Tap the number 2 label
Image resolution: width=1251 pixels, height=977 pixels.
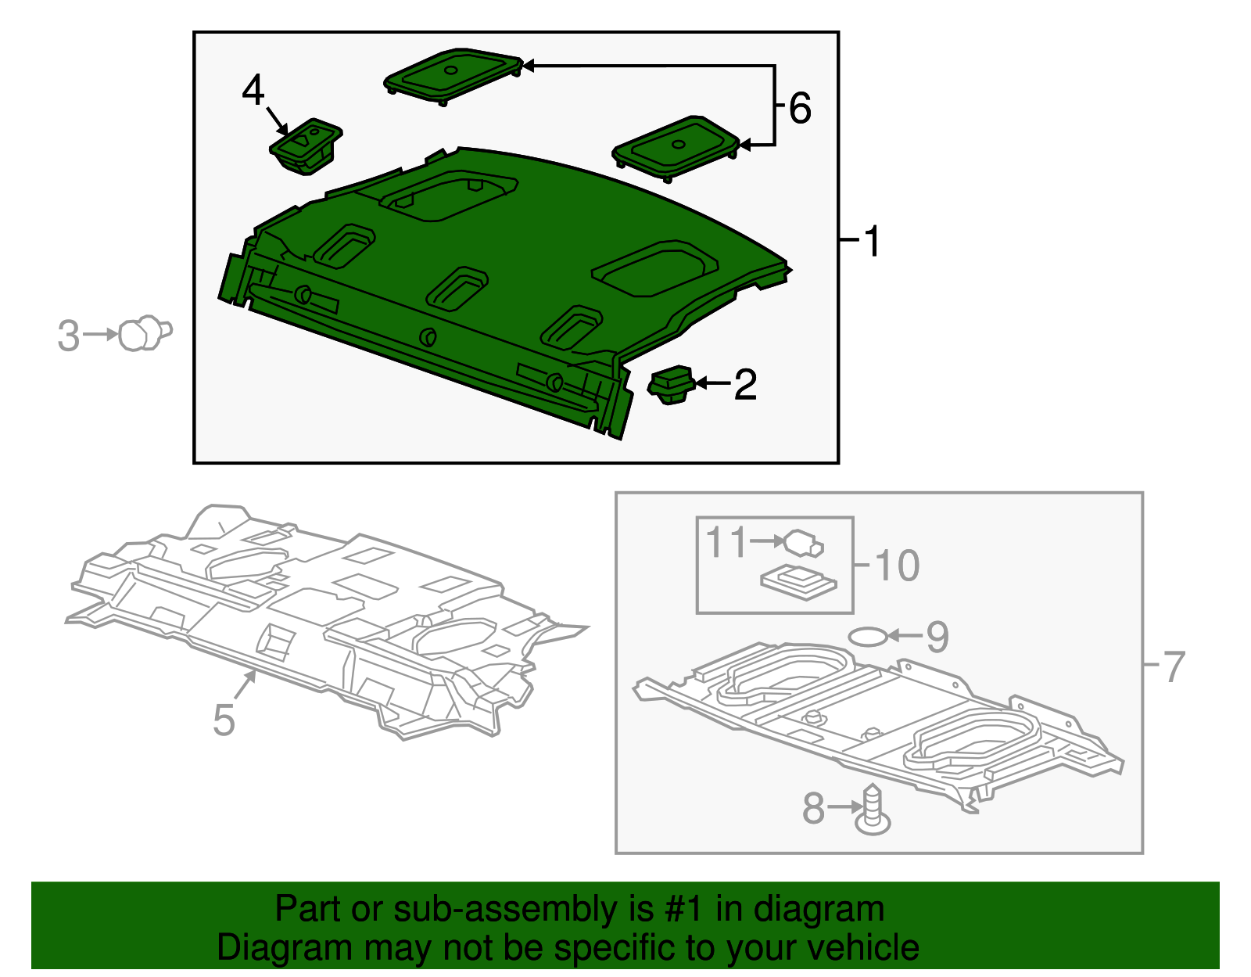tap(746, 384)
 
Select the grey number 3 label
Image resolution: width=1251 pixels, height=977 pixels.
tap(69, 336)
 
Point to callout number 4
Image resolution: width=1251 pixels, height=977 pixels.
tap(253, 90)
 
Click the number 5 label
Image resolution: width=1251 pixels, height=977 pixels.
tap(224, 720)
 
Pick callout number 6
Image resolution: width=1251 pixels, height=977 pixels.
tap(800, 108)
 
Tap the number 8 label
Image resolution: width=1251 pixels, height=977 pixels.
tap(814, 808)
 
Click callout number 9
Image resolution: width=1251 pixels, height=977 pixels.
tap(937, 637)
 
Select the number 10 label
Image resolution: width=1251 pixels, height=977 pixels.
tap(897, 566)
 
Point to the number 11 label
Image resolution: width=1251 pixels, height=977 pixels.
tap(726, 542)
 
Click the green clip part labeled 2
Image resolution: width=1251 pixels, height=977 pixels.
tap(672, 384)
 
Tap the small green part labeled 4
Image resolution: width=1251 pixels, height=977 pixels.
tap(306, 146)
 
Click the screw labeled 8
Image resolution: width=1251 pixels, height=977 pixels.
tap(873, 810)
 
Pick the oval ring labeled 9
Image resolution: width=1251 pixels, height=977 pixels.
tap(868, 637)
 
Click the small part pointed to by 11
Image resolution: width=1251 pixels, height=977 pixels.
tap(804, 543)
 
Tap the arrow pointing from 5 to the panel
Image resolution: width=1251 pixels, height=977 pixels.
tap(246, 684)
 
